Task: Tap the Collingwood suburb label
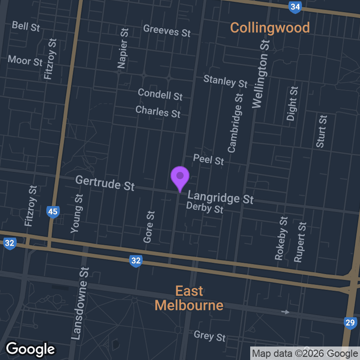click(x=270, y=27)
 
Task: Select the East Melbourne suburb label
click(x=189, y=298)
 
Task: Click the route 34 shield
click(x=295, y=7)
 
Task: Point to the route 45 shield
click(x=53, y=211)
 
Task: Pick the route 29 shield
click(x=350, y=322)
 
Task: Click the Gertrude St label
click(x=105, y=183)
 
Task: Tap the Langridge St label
click(x=220, y=197)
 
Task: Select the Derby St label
click(x=205, y=208)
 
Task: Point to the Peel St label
click(x=208, y=159)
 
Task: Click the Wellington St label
click(x=261, y=74)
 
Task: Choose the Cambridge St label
click(x=235, y=123)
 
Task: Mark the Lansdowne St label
click(x=80, y=303)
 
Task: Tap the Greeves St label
click(x=167, y=31)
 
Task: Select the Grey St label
click(x=209, y=336)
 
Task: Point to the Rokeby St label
click(x=281, y=238)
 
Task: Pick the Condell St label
click(x=160, y=94)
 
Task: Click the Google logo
click(x=30, y=349)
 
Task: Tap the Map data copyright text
click(x=305, y=353)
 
